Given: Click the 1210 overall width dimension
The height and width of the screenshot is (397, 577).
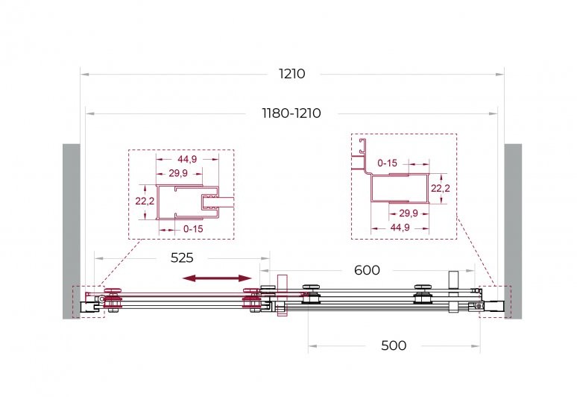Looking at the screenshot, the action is pyautogui.click(x=291, y=74).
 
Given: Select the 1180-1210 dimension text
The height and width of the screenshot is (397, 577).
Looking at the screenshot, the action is pyautogui.click(x=291, y=113).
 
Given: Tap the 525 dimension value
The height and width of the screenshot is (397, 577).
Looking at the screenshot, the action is pyautogui.click(x=182, y=257).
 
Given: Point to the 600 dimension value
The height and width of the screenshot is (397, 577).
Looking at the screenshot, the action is pyautogui.click(x=367, y=270).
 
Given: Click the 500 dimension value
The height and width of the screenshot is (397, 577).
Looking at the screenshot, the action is pyautogui.click(x=394, y=346).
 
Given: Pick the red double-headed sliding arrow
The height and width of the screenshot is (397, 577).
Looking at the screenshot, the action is pyautogui.click(x=217, y=278).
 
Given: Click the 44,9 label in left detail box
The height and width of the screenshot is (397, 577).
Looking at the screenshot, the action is pyautogui.click(x=187, y=159).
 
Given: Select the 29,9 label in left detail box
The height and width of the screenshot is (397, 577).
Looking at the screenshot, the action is pyautogui.click(x=178, y=173).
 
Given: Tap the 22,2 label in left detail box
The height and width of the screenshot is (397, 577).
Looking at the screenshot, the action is pyautogui.click(x=145, y=201).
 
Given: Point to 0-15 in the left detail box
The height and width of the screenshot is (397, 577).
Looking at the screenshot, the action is pyautogui.click(x=193, y=229).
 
